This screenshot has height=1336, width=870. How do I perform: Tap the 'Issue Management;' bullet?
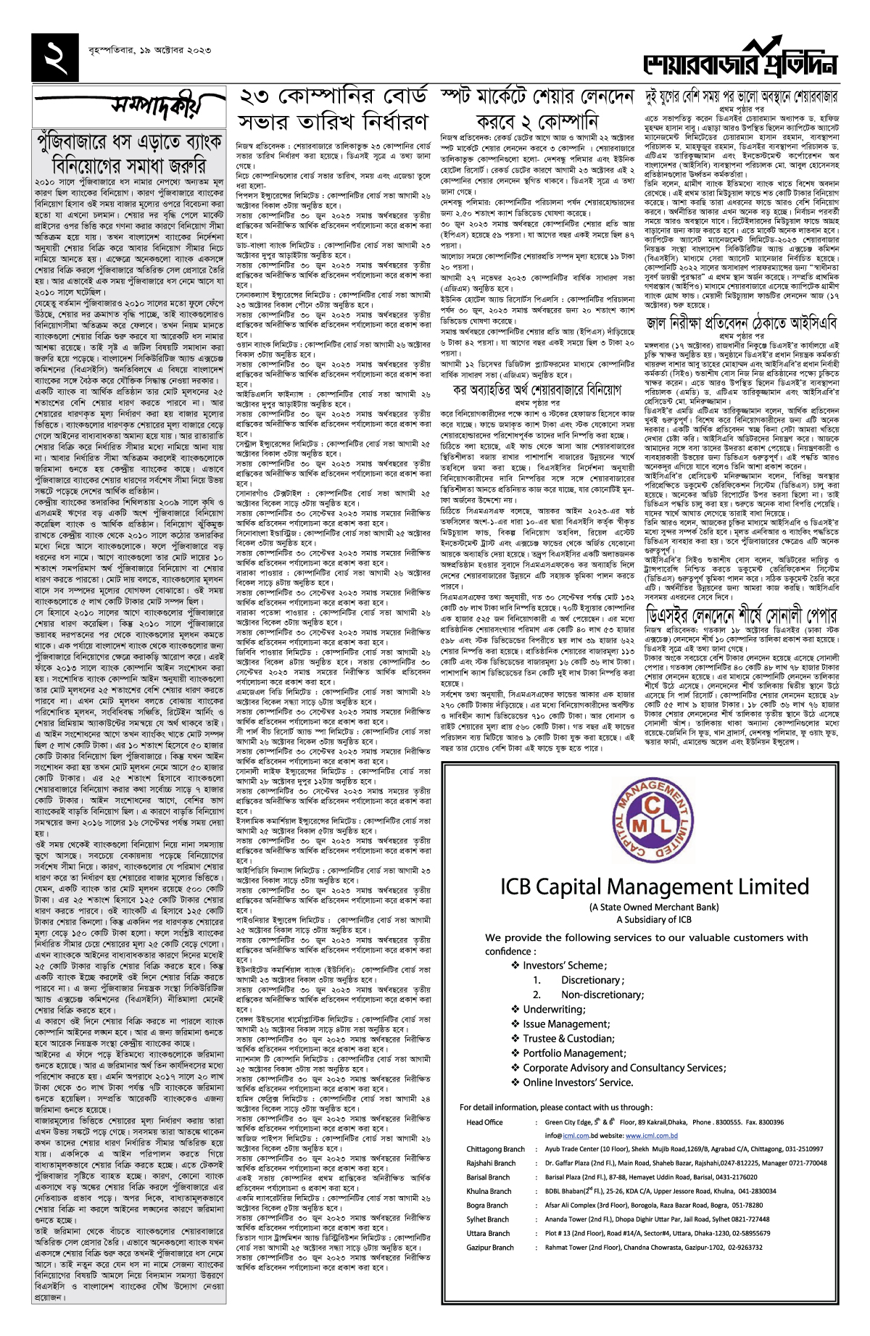click(565, 1024)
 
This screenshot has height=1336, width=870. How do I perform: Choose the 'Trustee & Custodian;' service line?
click(568, 1038)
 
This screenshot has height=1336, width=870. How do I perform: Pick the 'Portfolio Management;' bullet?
click(573, 1053)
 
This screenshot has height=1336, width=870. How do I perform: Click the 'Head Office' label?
click(484, 1122)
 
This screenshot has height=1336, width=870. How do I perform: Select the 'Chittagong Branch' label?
click(495, 1149)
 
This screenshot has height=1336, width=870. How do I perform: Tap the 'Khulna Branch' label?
click(489, 1191)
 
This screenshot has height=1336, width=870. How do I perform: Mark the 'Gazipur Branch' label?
click(490, 1248)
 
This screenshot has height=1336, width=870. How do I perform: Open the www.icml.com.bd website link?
click(651, 1136)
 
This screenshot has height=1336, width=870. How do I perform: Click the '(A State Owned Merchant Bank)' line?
click(654, 907)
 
